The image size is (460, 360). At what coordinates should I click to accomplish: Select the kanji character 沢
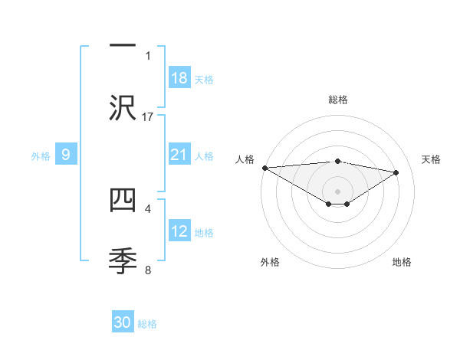pyautogui.click(x=123, y=108)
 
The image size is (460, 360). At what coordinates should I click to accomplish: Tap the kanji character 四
pyautogui.click(x=123, y=200)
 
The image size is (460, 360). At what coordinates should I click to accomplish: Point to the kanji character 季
pyautogui.click(x=123, y=261)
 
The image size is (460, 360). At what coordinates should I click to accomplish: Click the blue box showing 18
pyautogui.click(x=179, y=78)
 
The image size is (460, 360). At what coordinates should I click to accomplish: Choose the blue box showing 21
pyautogui.click(x=179, y=155)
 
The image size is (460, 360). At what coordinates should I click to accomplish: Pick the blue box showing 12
pyautogui.click(x=179, y=232)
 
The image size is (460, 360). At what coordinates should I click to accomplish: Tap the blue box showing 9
pyautogui.click(x=66, y=155)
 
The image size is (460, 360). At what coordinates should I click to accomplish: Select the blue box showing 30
pyautogui.click(x=123, y=323)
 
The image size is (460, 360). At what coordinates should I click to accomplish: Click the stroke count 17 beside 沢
pyautogui.click(x=148, y=116)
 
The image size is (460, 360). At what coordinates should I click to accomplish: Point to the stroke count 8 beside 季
pyautogui.click(x=148, y=270)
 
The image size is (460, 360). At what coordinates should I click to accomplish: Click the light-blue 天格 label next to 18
pyautogui.click(x=204, y=80)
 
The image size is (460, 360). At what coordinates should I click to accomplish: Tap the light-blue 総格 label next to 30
pyautogui.click(x=147, y=324)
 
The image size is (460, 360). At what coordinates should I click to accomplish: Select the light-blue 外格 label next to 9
pyautogui.click(x=41, y=156)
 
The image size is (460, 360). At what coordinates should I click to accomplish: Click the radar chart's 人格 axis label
pyautogui.click(x=245, y=159)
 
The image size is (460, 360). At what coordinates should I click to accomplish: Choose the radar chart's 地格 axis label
pyautogui.click(x=402, y=262)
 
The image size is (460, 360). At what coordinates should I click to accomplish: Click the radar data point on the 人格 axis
pyautogui.click(x=264, y=168)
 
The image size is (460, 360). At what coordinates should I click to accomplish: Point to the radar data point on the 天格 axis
pyautogui.click(x=396, y=172)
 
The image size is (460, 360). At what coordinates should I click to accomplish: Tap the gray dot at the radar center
pyautogui.click(x=337, y=190)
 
